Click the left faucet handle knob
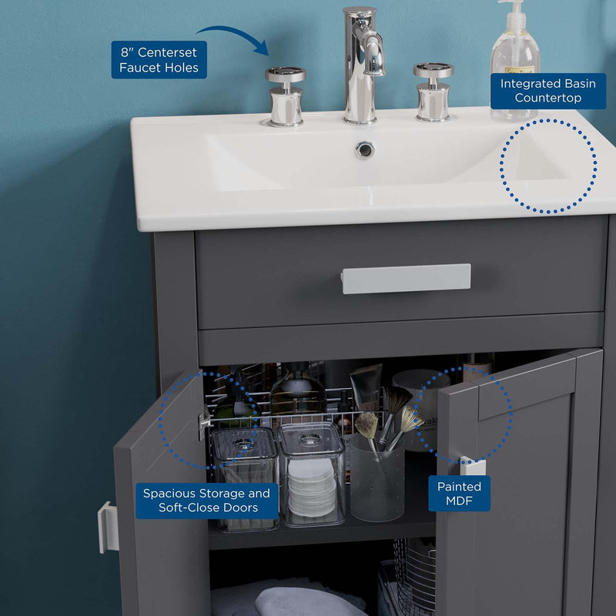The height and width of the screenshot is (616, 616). [x=286, y=96]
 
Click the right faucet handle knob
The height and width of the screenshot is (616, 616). [x=434, y=91]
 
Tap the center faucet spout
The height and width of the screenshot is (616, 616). [x=363, y=65]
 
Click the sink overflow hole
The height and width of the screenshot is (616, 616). [x=364, y=149]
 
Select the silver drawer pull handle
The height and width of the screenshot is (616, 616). [x=406, y=279]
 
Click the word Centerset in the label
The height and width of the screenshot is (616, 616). [x=167, y=52]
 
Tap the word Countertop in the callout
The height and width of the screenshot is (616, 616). [x=548, y=98]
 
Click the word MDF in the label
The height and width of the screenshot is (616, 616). [x=459, y=501]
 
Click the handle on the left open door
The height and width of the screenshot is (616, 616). [x=108, y=527]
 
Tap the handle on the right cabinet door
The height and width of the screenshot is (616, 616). [x=473, y=466]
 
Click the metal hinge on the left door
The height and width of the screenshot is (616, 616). [x=204, y=423]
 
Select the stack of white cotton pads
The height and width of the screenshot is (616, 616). [x=312, y=487]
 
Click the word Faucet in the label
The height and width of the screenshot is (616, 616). [x=138, y=68]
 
